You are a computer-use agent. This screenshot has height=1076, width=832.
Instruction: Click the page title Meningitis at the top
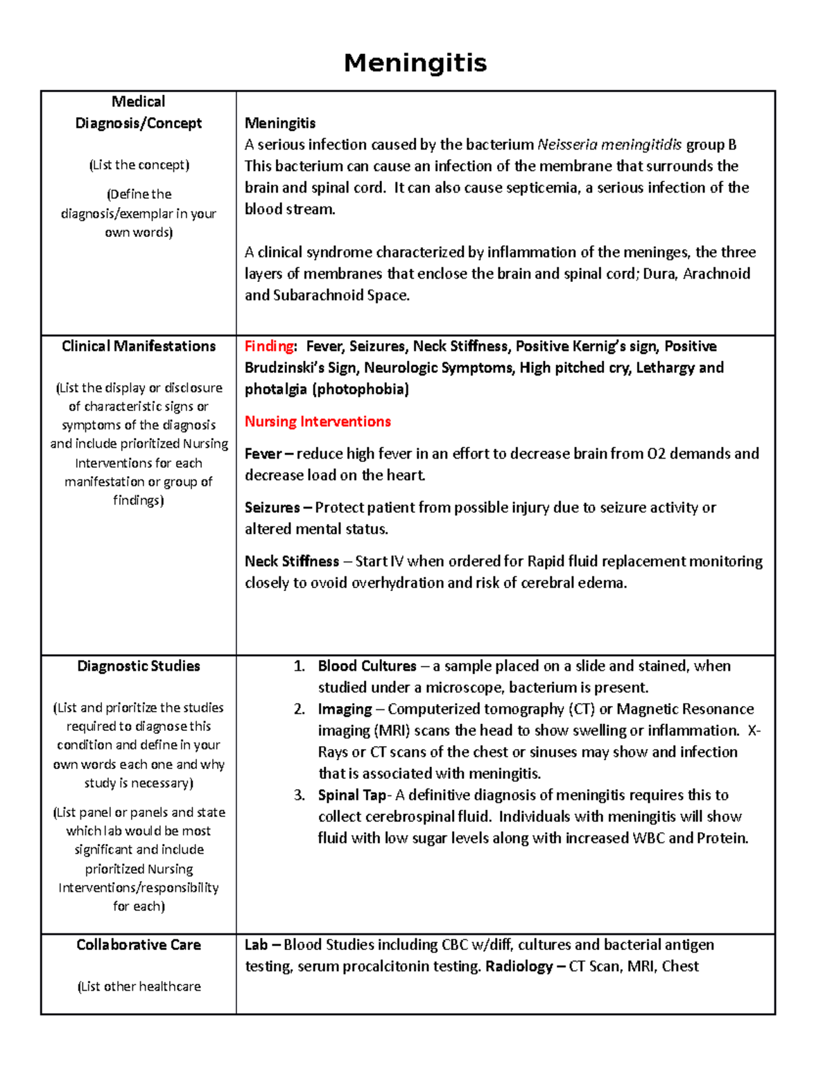click(415, 63)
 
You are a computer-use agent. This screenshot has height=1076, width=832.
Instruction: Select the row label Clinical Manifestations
click(139, 346)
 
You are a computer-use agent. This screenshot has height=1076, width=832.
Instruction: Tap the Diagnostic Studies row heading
click(139, 667)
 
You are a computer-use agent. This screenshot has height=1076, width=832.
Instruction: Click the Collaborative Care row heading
click(139, 945)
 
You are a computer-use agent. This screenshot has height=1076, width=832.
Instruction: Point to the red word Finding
click(269, 346)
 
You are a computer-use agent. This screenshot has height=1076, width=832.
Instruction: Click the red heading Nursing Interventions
click(318, 422)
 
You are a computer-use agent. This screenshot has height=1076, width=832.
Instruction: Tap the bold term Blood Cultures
click(367, 667)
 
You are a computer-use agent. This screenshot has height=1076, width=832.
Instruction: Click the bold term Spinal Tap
click(352, 795)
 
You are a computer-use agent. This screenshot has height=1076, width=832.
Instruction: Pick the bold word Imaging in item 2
click(345, 709)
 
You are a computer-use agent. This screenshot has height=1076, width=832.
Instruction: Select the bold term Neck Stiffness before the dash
click(292, 561)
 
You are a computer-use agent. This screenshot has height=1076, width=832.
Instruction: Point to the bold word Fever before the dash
click(263, 454)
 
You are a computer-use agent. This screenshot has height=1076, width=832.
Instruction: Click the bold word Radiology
click(519, 967)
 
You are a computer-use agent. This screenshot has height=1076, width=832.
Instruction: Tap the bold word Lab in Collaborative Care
click(256, 945)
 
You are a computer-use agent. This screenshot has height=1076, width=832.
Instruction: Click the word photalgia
click(275, 389)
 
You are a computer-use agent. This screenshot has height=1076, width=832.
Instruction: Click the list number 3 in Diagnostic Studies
click(299, 795)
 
